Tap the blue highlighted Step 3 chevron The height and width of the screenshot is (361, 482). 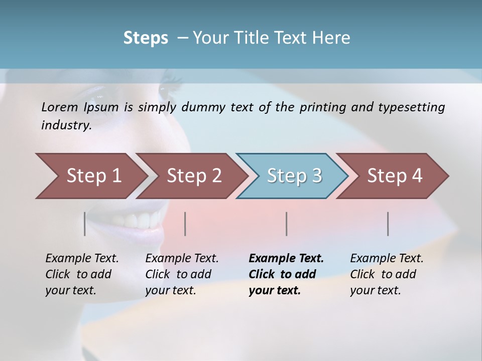pos(294,176)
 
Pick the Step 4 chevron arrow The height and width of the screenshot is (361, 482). pos(394,176)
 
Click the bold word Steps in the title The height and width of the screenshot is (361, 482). pos(146,38)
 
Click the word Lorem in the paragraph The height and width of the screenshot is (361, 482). pos(59,107)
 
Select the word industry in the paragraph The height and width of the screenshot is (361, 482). pos(66,125)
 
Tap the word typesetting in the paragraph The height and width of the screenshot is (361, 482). pos(411,107)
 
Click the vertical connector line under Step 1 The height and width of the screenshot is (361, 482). pos(84,224)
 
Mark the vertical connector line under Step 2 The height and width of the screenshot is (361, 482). pos(185,224)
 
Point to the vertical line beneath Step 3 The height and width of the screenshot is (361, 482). pos(286,224)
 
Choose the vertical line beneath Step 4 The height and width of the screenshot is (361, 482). pos(388,224)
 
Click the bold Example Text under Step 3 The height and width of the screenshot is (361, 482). pos(286,259)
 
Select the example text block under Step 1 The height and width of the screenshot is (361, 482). pos(82,274)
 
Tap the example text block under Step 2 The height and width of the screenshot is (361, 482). pos(182,274)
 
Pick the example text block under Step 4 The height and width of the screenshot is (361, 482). pos(387,274)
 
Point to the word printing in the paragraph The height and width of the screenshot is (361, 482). pos(323,107)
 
